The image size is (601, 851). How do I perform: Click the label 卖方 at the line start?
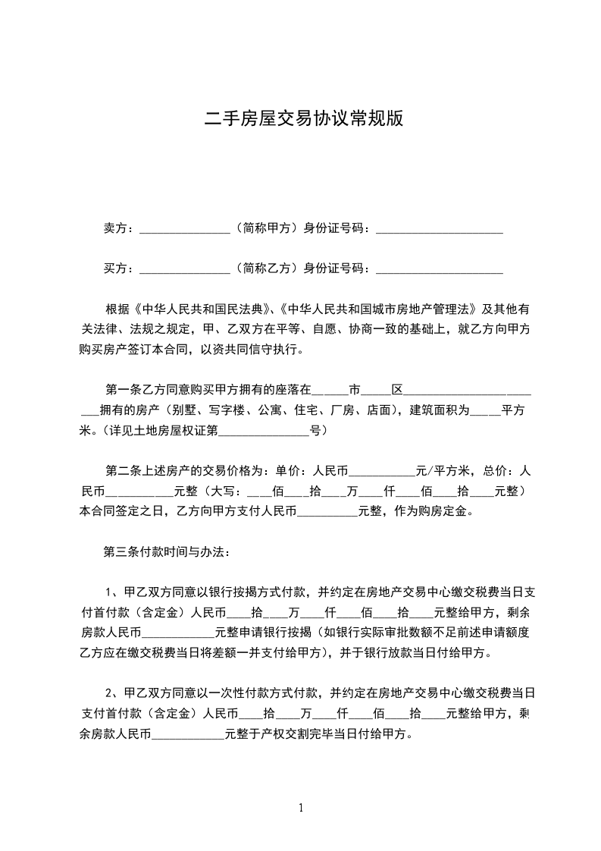[x=114, y=228]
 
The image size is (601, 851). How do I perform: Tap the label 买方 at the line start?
[x=114, y=268]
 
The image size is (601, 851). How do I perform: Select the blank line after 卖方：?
[x=185, y=229]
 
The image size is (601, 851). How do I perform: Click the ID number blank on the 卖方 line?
[x=440, y=229]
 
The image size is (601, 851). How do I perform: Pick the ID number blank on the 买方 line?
[x=440, y=269]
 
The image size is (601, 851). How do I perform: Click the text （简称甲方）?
[x=265, y=228]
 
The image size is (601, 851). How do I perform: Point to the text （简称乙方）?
[x=265, y=268]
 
